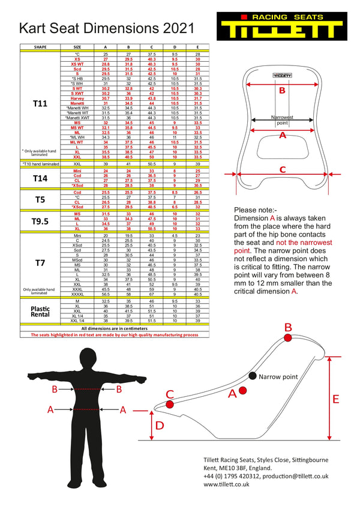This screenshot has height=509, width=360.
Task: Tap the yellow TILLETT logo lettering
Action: point(278,30)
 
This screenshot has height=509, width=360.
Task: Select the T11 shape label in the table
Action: point(40,103)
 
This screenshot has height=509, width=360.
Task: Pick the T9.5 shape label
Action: point(40,221)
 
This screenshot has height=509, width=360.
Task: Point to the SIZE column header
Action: point(77,46)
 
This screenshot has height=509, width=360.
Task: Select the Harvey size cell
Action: point(77,98)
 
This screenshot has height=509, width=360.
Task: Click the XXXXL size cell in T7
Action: point(77,295)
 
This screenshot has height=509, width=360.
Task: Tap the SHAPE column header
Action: point(40,46)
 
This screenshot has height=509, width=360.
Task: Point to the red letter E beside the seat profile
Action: point(335,399)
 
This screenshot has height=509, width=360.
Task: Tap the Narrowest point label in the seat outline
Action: point(281,120)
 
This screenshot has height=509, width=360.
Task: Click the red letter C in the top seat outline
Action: point(281,170)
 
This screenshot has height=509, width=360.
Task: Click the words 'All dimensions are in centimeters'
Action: point(114,329)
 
